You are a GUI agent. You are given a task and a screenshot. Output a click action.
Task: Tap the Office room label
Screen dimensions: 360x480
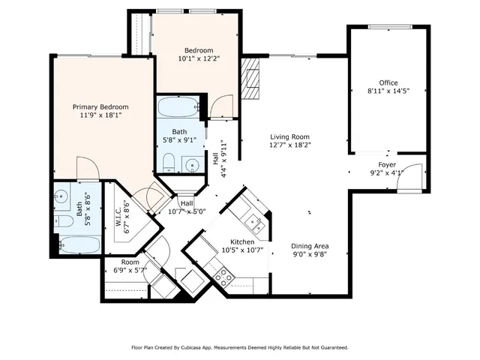coord(388,82)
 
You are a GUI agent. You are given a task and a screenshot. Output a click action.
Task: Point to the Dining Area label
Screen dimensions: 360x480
coord(310,246)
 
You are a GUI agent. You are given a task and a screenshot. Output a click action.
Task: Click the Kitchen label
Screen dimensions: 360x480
coord(242,242)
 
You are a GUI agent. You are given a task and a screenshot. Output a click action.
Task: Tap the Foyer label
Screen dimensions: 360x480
coord(386,164)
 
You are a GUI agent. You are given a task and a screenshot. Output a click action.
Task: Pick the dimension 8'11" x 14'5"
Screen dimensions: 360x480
coord(388,91)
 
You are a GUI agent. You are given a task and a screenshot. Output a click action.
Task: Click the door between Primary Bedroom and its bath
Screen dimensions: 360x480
coord(85,170)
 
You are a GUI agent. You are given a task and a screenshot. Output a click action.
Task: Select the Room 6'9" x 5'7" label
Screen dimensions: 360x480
coord(130,262)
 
